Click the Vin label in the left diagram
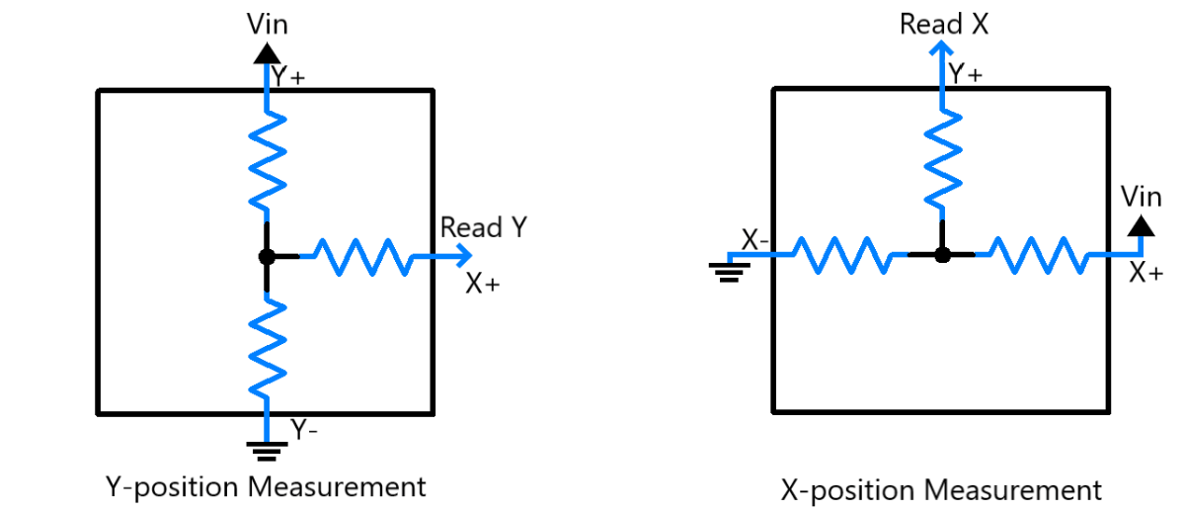268,25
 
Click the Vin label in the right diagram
1142,196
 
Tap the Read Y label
483,227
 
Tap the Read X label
943,25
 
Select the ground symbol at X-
729,271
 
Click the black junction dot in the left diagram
266,257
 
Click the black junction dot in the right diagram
942,255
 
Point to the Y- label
304,429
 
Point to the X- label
755,240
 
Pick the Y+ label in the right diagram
966,72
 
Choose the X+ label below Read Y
482,284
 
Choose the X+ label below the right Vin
1145,273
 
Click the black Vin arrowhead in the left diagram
266,52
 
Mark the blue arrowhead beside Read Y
462,257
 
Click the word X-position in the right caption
847,490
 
